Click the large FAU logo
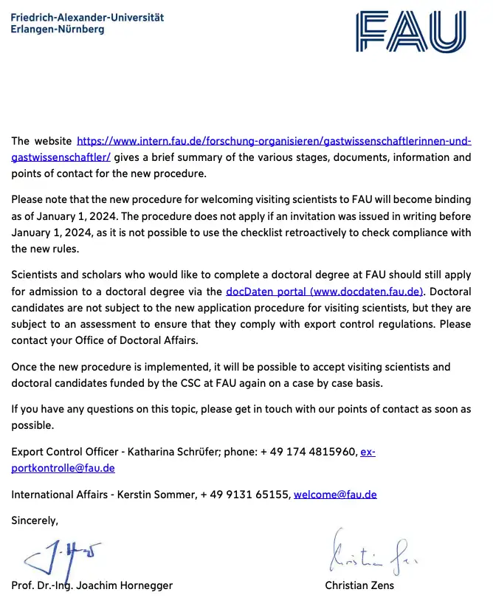411,32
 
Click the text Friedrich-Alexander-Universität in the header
88,17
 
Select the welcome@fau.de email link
335,495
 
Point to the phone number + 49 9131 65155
245,495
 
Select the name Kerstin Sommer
156,495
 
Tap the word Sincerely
35,520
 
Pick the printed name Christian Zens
359,585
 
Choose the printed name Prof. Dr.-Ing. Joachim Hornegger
92,585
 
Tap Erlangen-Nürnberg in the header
58,30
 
